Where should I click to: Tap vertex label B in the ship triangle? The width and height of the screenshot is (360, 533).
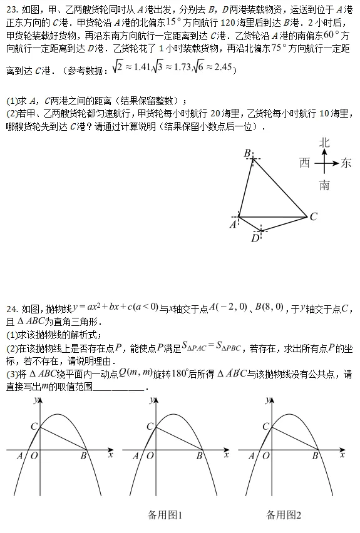247,154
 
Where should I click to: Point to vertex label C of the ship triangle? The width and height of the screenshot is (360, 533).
314,217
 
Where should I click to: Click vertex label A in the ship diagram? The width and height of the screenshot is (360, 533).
233,225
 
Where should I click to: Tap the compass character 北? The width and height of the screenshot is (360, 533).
324,143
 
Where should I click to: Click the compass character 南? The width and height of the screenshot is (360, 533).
324,185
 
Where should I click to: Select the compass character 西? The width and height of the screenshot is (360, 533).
305,163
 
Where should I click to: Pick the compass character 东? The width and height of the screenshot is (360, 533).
346,163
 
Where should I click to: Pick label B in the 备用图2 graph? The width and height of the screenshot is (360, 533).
316,456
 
